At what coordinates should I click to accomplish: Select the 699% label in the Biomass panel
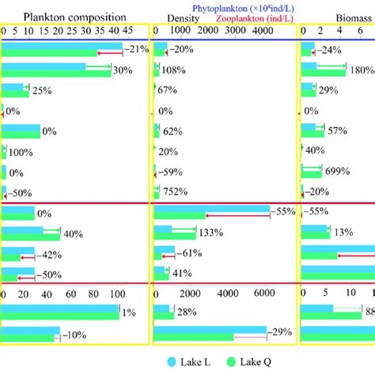[337, 170]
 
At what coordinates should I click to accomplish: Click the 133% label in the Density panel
[210, 233]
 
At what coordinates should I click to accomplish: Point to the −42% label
[47, 254]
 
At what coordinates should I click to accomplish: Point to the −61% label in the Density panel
[188, 252]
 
